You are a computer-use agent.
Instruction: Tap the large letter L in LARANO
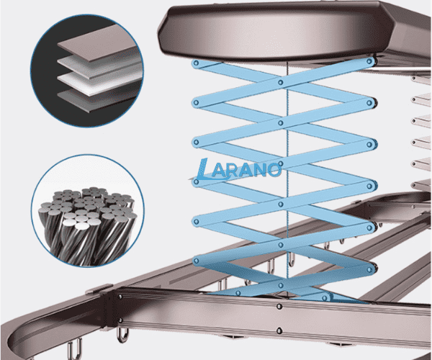point(203,169)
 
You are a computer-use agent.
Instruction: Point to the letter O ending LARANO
point(274,170)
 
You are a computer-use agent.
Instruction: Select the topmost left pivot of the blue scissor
point(196,63)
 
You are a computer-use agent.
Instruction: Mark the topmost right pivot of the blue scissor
point(369,61)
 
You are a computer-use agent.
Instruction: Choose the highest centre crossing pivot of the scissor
point(281,82)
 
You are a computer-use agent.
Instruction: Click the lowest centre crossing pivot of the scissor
point(281,285)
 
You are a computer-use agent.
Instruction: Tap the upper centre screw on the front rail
point(279,306)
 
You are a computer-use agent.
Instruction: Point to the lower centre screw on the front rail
point(279,330)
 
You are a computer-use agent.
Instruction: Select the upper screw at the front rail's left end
point(120,297)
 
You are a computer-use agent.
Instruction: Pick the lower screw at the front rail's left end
point(120,320)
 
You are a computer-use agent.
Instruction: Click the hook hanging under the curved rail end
point(73,349)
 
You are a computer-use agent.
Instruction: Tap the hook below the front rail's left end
point(122,334)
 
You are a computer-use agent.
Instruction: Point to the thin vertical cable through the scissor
point(287,179)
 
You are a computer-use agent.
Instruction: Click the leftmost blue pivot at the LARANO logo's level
point(196,182)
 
